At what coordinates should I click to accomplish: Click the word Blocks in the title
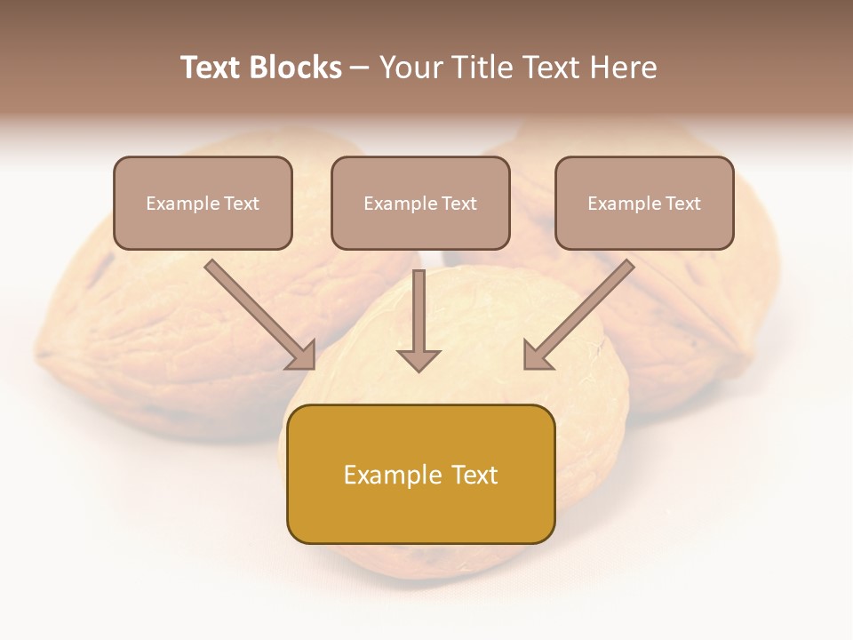pos(297,68)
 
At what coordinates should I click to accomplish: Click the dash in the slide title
pos(360,68)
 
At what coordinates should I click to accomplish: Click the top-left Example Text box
pos(203,203)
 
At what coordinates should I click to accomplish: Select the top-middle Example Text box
pos(420,203)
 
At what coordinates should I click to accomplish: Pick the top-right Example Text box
pos(644,203)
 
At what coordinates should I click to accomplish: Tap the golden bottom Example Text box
pos(420,474)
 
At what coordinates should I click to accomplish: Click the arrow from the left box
pos(258,311)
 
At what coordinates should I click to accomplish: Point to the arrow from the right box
pos(582,311)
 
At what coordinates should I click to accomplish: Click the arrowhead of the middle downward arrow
pos(419,359)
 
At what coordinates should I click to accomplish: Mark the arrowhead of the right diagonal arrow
pos(537,356)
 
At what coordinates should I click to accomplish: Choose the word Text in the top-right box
pos(682,204)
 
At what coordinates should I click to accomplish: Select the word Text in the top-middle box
pos(458,204)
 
